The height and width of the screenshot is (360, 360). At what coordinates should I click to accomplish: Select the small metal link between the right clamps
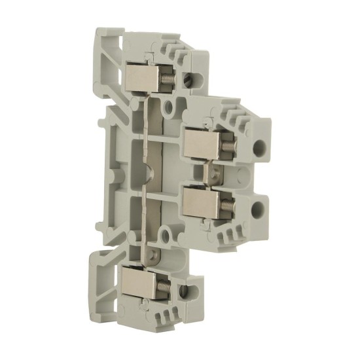(x=213, y=173)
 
